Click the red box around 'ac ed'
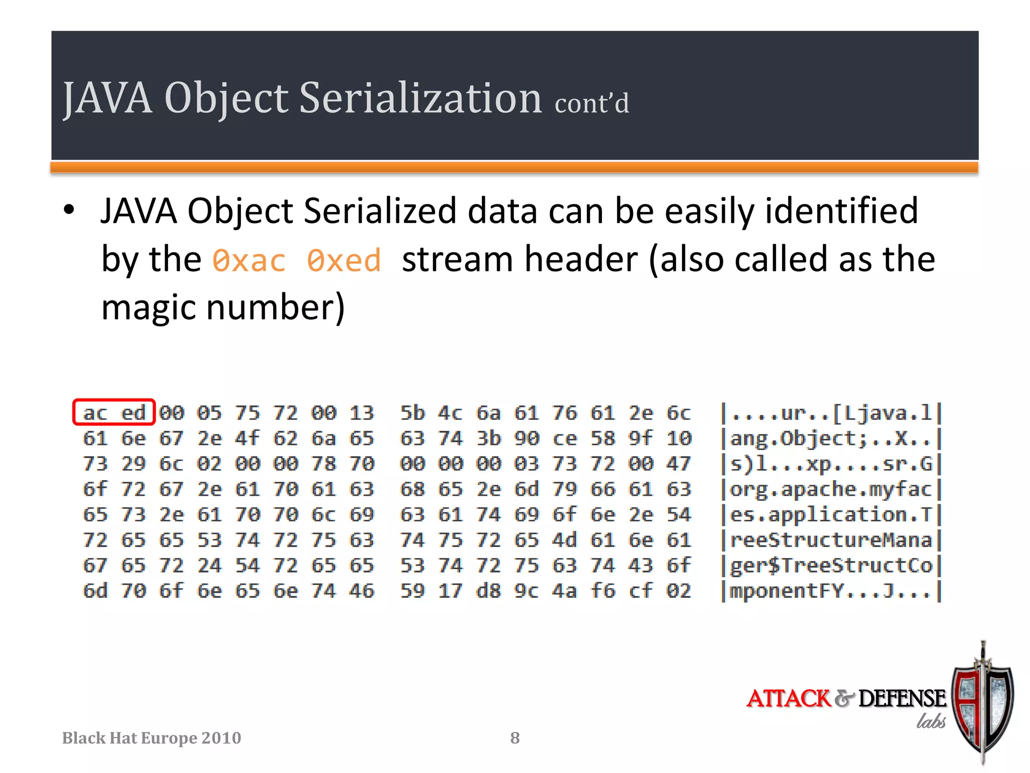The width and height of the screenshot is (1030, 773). tap(114, 412)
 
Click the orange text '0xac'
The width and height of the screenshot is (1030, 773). tap(249, 261)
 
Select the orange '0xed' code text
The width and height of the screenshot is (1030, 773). tap(344, 261)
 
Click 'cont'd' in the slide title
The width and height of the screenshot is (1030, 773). tap(591, 103)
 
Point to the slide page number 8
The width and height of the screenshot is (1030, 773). tap(514, 738)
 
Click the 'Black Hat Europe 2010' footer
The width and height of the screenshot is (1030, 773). tap(151, 738)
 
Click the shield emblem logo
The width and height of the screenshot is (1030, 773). tap(983, 705)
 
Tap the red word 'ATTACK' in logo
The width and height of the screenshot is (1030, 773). tap(788, 699)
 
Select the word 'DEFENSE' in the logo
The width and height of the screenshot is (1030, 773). tap(902, 699)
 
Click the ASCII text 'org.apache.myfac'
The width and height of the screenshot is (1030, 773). tap(831, 489)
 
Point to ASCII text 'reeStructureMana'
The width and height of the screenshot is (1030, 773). tap(831, 540)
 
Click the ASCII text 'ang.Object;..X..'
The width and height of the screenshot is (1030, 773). tap(831, 438)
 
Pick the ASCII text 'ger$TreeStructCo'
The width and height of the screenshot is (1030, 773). tap(831, 566)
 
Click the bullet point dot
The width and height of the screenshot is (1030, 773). tap(69, 210)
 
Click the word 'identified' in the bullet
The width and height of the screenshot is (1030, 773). tap(841, 210)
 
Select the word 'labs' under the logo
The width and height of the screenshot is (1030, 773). tap(930, 721)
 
